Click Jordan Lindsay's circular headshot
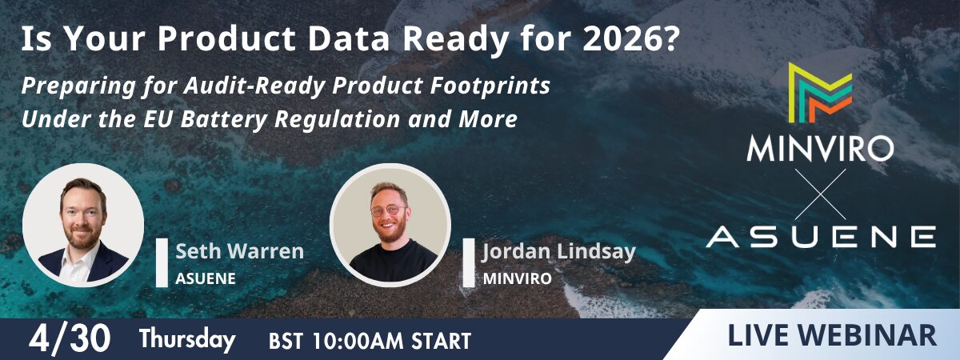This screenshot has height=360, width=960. click(390, 223)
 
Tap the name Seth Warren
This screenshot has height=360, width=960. click(239, 251)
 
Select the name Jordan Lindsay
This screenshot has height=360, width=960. click(559, 252)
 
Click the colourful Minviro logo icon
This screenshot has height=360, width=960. click(819, 92)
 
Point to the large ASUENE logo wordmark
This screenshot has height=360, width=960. click(821, 236)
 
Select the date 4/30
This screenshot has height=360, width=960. click(70, 339)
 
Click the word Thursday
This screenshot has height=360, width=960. click(187, 340)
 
